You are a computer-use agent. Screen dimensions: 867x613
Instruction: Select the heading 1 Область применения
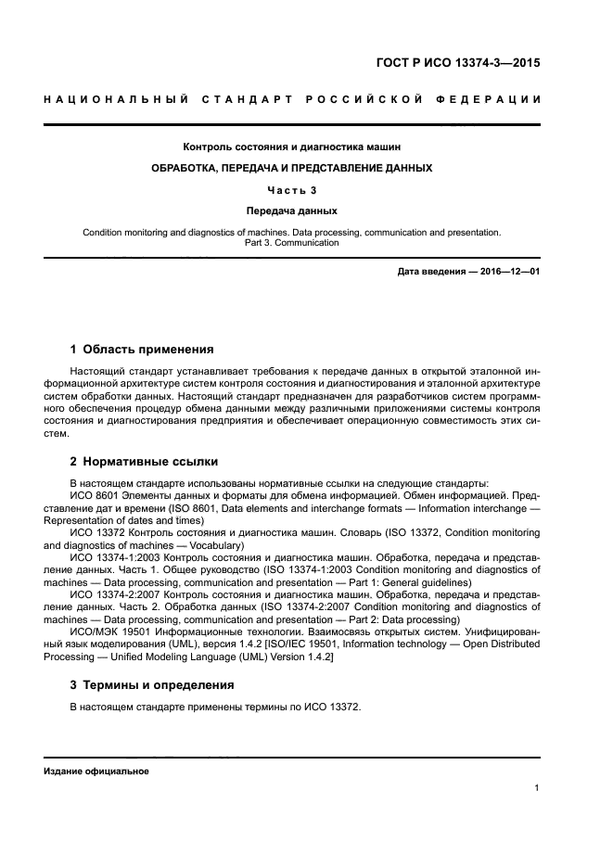(142, 350)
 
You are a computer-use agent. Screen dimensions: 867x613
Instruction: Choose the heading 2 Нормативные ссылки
(144, 460)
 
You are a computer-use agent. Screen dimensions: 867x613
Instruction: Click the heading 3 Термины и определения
(152, 685)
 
